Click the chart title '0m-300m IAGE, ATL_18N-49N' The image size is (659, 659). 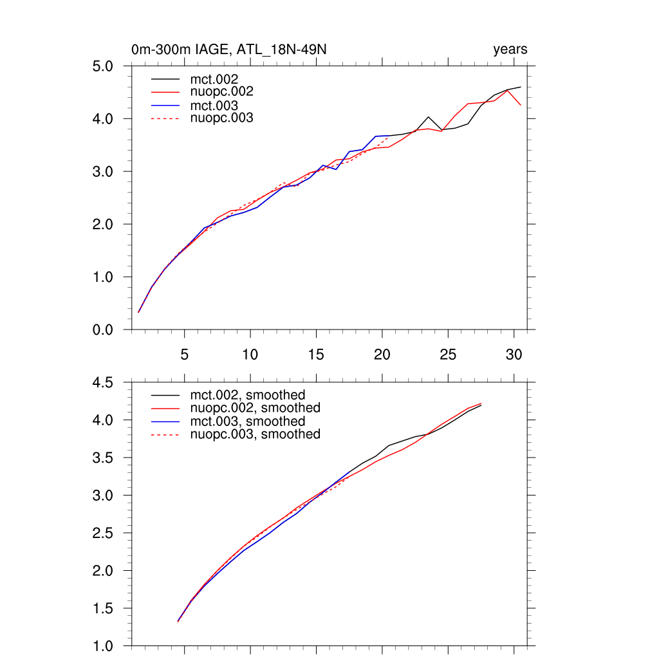point(232,50)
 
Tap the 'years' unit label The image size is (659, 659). point(510,50)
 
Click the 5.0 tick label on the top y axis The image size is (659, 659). point(105,66)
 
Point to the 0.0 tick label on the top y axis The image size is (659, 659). point(105,330)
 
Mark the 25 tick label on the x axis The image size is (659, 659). point(448,355)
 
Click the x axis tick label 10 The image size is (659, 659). point(250,355)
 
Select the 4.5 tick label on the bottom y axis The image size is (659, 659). point(105,383)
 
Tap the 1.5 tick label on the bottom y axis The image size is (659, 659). point(105,609)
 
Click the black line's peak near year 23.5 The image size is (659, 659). point(429,117)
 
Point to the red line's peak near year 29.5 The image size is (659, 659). point(508,90)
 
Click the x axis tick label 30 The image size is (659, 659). point(514,355)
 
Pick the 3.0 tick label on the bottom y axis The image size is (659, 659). point(105,496)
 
